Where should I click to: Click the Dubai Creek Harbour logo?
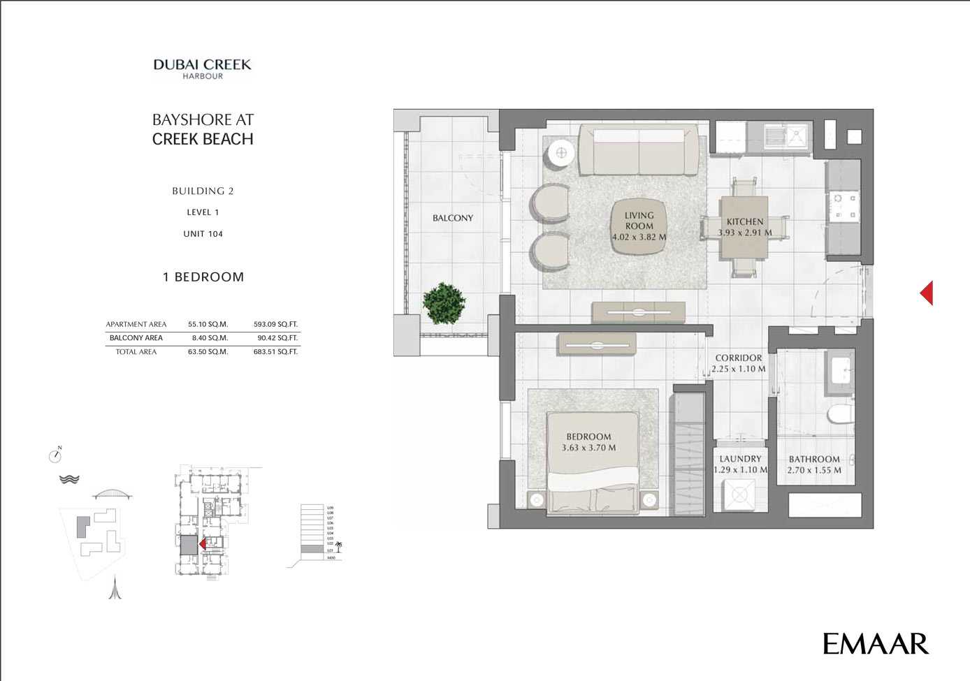click(x=202, y=68)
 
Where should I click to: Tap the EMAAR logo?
click(x=875, y=643)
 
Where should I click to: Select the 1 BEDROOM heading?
click(x=203, y=277)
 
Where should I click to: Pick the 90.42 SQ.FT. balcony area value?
click(x=277, y=338)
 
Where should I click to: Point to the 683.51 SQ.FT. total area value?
click(x=275, y=352)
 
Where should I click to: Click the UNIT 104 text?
click(x=203, y=234)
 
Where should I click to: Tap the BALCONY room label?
click(x=452, y=218)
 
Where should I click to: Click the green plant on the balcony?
click(x=444, y=303)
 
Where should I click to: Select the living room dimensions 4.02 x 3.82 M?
click(x=639, y=237)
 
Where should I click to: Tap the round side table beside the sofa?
click(x=560, y=153)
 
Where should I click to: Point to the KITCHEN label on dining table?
click(x=744, y=221)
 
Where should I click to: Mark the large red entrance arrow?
click(x=927, y=293)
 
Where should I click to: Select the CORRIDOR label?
click(x=738, y=358)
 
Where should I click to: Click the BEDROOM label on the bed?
click(x=588, y=437)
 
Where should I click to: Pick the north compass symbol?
click(x=56, y=455)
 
